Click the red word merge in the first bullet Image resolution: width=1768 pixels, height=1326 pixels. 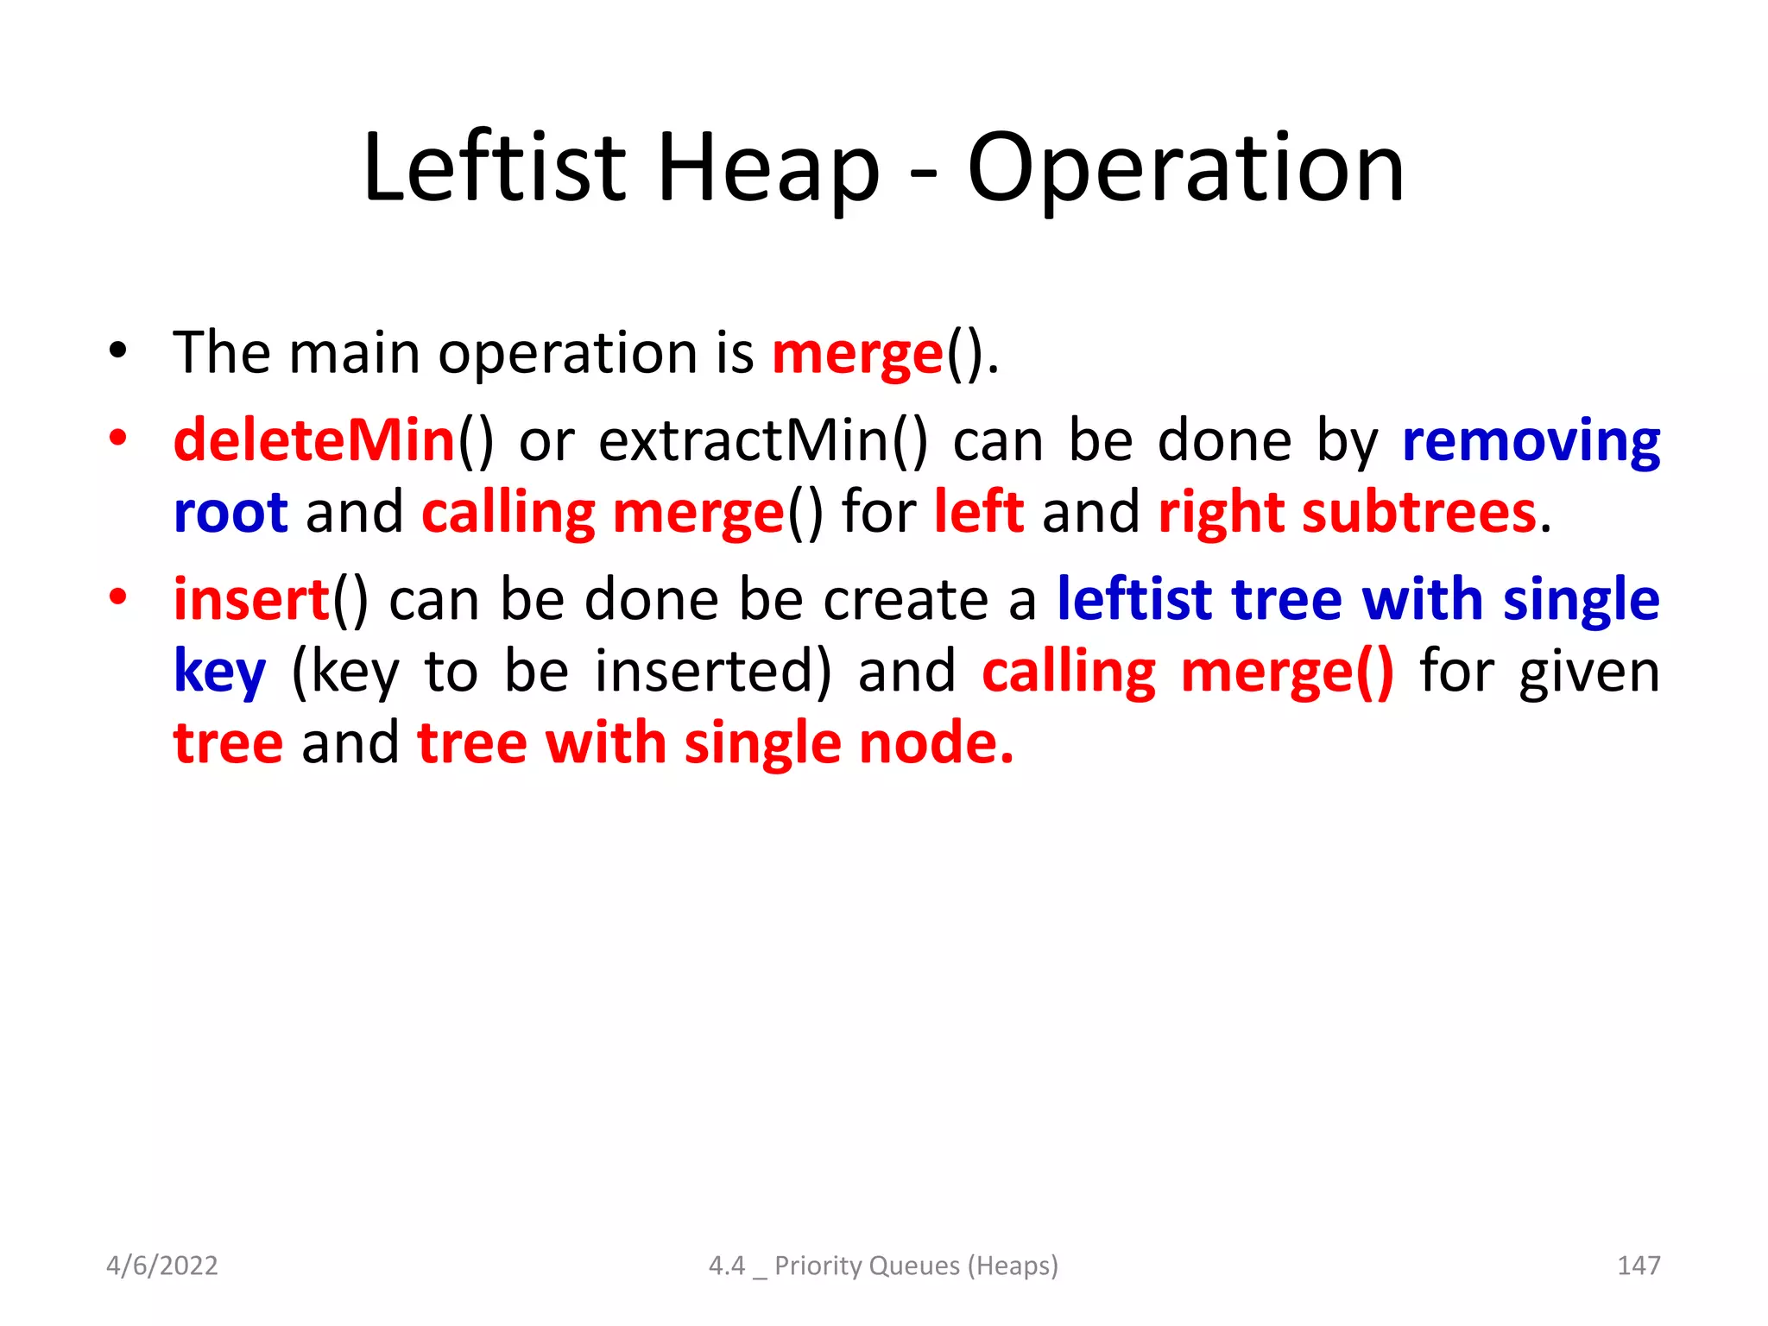pyautogui.click(x=857, y=354)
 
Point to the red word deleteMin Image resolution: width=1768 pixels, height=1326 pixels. pyautogui.click(x=314, y=440)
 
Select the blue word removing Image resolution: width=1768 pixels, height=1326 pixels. pyautogui.click(x=1531, y=440)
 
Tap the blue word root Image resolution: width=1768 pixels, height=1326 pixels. pyautogui.click(x=230, y=512)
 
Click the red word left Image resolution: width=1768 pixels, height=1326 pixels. pyautogui.click(x=979, y=512)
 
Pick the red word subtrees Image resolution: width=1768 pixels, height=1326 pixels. pyautogui.click(x=1419, y=512)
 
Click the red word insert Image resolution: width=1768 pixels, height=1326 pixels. pyautogui.click(x=251, y=599)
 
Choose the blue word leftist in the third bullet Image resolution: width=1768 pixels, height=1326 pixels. pyautogui.click(x=1134, y=599)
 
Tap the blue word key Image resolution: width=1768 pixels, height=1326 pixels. pyautogui.click(x=219, y=672)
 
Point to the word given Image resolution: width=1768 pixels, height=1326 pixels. pyautogui.click(x=1589, y=672)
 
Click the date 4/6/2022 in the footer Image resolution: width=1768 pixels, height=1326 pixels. pyautogui.click(x=162, y=1266)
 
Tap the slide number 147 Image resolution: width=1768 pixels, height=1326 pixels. pyautogui.click(x=1638, y=1266)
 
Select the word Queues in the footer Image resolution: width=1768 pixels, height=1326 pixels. pyautogui.click(x=914, y=1266)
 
